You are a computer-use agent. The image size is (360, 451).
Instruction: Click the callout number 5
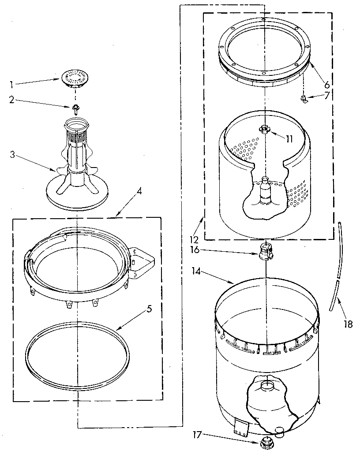pos(149,309)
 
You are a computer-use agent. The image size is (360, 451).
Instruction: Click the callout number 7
pos(327,95)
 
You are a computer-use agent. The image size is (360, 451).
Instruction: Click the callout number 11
pos(289,139)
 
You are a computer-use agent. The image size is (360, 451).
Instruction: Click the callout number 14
pos(197,272)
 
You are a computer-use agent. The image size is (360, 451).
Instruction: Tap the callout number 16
pos(195,250)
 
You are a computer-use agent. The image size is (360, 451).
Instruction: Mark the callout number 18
pos(348,324)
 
